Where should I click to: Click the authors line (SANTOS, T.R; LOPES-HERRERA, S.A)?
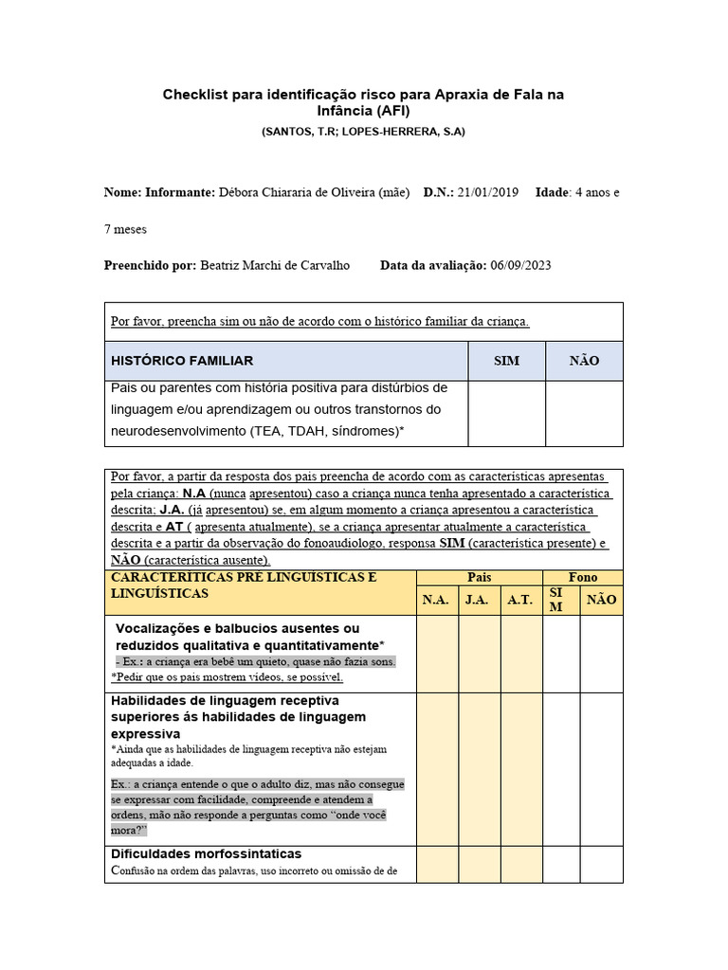coord(363,132)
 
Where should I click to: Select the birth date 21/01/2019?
coord(487,192)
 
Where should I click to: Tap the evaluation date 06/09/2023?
coord(520,265)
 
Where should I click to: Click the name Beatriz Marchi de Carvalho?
coord(275,265)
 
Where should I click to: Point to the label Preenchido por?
coord(150,265)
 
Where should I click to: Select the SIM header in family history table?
coord(507,361)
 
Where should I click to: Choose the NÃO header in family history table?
coord(584,361)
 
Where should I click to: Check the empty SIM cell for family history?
coord(507,413)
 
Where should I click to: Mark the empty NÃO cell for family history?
coord(584,413)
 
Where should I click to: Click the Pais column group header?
coord(479,577)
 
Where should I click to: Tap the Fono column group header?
coord(582,577)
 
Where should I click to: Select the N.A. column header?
coord(436,600)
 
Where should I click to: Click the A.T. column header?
coord(520,600)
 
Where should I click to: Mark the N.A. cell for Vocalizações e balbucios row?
coord(436,653)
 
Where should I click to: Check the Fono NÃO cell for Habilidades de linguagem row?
coord(601,768)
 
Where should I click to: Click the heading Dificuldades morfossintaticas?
coord(207,853)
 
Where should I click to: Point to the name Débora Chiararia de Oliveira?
coord(314,192)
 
